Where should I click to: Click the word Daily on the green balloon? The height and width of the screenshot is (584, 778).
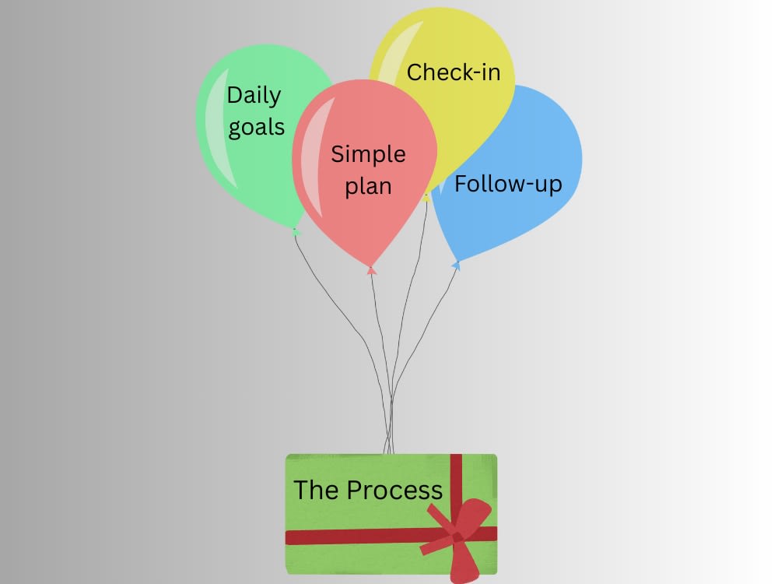pyautogui.click(x=254, y=95)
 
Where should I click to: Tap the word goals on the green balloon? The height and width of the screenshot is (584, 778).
pyautogui.click(x=257, y=128)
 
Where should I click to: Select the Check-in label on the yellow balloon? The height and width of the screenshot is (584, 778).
pyautogui.click(x=454, y=72)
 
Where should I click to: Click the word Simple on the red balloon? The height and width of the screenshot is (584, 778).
pyautogui.click(x=368, y=154)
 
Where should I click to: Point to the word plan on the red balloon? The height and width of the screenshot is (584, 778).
pyautogui.click(x=368, y=187)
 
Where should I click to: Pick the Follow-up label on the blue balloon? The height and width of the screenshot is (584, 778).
pyautogui.click(x=508, y=184)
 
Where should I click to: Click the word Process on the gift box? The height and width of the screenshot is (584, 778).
pyautogui.click(x=394, y=490)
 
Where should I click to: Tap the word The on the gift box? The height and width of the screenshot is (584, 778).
pyautogui.click(x=316, y=490)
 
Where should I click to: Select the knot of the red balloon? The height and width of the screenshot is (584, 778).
pyautogui.click(x=371, y=270)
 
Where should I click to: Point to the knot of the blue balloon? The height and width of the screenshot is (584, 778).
pyautogui.click(x=456, y=266)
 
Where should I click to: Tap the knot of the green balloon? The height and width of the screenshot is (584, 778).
pyautogui.click(x=296, y=231)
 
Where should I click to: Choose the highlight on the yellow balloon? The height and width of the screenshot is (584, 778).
pyautogui.click(x=397, y=55)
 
